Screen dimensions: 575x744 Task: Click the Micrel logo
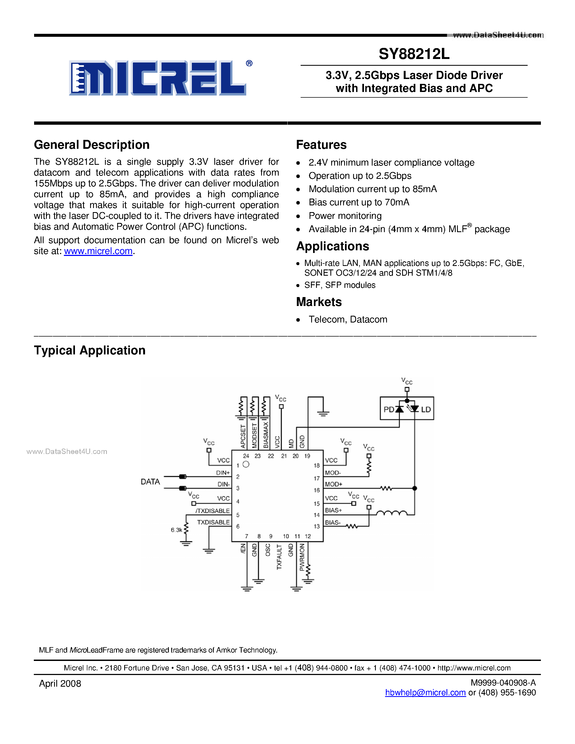click(157, 78)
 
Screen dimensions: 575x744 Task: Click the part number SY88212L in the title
click(414, 54)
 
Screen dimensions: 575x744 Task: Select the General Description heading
click(92, 145)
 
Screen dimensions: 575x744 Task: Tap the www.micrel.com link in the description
click(98, 251)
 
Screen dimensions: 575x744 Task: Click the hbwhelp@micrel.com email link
click(425, 693)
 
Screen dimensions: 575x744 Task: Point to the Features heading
click(321, 145)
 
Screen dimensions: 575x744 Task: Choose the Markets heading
click(319, 302)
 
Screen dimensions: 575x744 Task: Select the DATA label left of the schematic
click(150, 482)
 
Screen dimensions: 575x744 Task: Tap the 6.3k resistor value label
click(176, 530)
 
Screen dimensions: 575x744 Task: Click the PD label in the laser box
click(389, 410)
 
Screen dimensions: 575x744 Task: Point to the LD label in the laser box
click(426, 410)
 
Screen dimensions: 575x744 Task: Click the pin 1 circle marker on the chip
click(246, 464)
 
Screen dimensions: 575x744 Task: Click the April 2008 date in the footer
click(60, 684)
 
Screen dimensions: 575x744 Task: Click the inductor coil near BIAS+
click(392, 513)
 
